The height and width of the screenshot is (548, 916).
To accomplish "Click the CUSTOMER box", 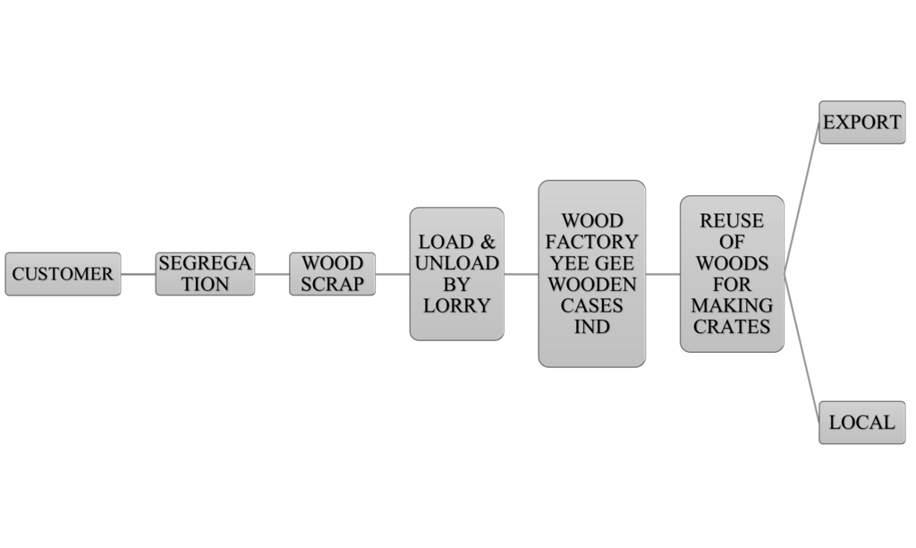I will point(63,274).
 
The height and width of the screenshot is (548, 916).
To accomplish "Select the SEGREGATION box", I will point(205,274).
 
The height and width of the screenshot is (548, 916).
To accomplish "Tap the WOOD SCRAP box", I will point(332,274).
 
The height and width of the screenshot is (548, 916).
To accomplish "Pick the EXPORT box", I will point(861,123).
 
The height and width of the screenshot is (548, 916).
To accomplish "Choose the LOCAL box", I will point(861,422).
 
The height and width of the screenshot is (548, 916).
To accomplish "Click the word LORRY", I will point(456,305).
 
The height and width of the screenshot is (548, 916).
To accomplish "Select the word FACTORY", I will point(591,242).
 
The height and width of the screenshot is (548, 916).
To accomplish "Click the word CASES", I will point(591,305).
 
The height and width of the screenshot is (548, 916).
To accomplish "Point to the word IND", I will point(591,327).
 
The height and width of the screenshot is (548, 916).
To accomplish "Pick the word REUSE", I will point(732,221).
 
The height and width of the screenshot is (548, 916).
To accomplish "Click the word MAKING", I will point(732,305).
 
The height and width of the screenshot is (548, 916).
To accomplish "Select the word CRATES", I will point(732,327).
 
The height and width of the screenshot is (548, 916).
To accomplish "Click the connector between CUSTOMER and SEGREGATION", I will point(138,274).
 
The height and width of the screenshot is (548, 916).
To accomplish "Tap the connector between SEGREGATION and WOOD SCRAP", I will point(272,274).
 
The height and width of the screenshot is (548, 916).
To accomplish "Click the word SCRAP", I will point(332,284).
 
